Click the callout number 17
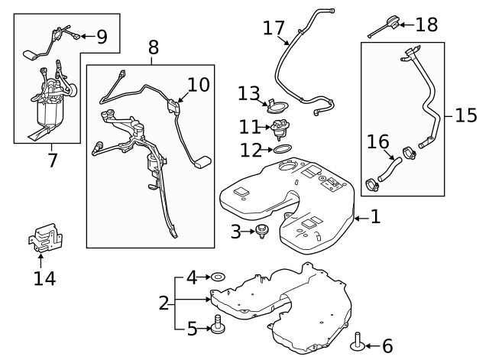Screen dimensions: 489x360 click(x=274, y=28)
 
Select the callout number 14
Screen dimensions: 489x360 click(x=44, y=278)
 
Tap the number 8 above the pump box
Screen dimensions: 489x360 click(x=153, y=47)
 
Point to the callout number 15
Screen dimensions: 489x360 click(x=466, y=115)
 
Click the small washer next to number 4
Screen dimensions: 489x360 click(x=219, y=277)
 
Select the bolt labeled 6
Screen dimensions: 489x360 click(x=358, y=342)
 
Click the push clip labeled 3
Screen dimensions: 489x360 click(x=262, y=232)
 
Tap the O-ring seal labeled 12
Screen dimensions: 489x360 click(x=283, y=149)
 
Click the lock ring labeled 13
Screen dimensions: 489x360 click(x=277, y=106)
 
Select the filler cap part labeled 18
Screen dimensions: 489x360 click(x=384, y=27)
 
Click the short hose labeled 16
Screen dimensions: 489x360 click(x=390, y=169)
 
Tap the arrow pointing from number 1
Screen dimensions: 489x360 click(x=361, y=219)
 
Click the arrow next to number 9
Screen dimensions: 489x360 click(x=88, y=36)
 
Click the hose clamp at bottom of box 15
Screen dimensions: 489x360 click(x=372, y=185)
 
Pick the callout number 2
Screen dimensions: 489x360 click(x=164, y=303)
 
